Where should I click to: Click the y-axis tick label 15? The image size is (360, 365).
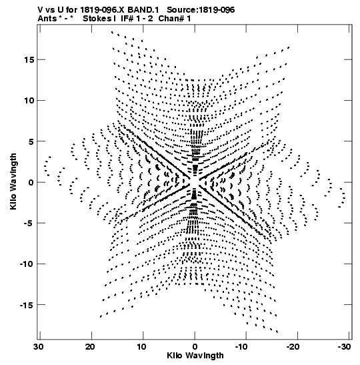coord(29,60)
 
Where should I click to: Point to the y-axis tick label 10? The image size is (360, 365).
coord(29,101)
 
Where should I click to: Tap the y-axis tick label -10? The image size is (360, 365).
coord(27,264)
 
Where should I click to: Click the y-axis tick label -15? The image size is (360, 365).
coord(27,305)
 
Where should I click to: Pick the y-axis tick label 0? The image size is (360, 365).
coord(31,183)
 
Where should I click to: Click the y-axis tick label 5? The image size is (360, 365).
coord(31,141)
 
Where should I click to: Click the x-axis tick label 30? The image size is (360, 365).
coord(39,347)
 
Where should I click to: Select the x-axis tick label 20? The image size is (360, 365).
coord(90,347)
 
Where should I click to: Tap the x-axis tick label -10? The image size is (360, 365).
coord(241,347)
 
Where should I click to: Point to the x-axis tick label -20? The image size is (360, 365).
coord(293,347)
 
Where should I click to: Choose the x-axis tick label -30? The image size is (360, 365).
coord(344,347)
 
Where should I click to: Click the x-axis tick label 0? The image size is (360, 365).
coord(195,347)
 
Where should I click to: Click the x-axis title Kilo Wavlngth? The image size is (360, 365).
coord(195,356)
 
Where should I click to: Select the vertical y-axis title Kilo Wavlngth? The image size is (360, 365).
coord(13,181)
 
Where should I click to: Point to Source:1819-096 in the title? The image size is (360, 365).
coord(201,10)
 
